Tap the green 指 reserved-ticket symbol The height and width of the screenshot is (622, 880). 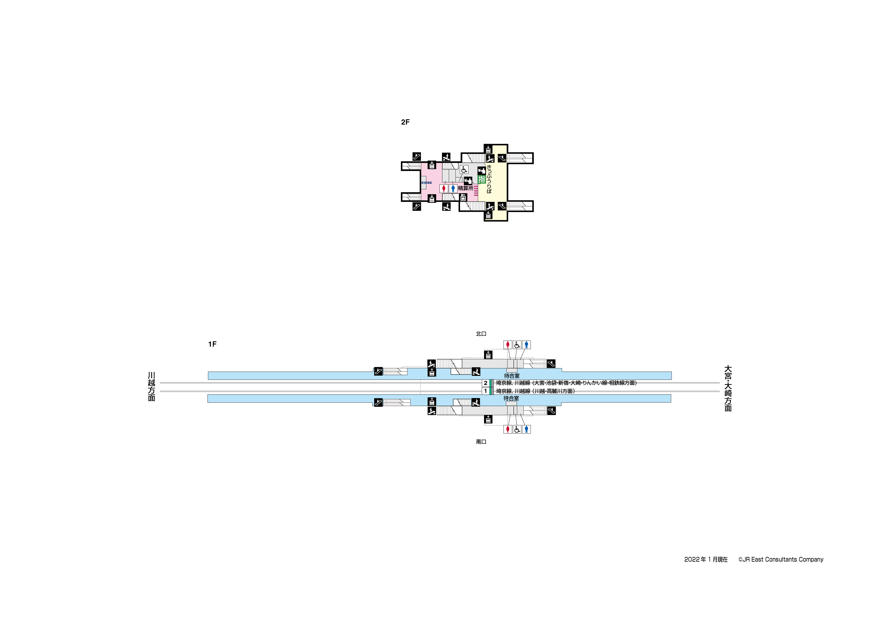point(481,179)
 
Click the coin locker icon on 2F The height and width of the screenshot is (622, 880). point(463,198)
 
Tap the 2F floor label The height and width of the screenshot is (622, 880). point(405,122)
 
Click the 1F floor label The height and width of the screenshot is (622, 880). point(212,344)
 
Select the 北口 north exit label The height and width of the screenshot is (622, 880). point(481,334)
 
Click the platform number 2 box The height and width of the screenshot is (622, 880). point(486,383)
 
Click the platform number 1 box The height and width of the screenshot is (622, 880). point(486,391)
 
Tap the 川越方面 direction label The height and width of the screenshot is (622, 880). point(151,386)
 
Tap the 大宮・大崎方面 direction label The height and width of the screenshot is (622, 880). point(728,388)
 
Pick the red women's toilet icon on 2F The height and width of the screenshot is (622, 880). point(444,188)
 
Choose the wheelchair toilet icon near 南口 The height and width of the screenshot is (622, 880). point(517,429)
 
